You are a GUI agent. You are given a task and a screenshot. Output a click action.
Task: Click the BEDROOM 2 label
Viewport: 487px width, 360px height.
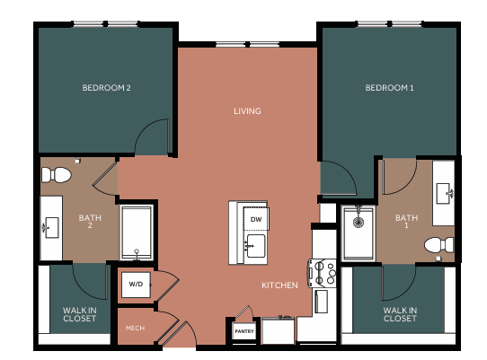pos(107,88)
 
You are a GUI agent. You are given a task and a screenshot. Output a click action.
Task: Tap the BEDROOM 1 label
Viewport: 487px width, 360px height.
pos(389,88)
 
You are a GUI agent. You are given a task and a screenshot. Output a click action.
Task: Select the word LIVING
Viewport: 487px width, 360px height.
pos(247,111)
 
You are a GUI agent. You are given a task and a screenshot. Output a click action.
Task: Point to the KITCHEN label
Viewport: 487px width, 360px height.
pos(279,285)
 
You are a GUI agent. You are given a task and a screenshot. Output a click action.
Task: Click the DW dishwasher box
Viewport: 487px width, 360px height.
pos(255,220)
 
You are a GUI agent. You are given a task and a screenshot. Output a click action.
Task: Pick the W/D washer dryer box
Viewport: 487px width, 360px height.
pos(136,285)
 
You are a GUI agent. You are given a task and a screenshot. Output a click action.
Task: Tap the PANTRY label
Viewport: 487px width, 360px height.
pos(244,331)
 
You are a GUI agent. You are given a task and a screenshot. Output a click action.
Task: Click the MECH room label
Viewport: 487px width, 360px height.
pos(136,328)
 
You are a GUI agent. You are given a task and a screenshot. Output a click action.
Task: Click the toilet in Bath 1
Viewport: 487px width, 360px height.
pos(438,244)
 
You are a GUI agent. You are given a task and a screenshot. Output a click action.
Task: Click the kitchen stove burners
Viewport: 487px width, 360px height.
pos(322,273)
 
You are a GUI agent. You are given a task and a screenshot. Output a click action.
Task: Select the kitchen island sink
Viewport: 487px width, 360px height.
pos(252,243)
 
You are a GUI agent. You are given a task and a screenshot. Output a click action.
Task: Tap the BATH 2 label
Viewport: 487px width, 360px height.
pos(90,221)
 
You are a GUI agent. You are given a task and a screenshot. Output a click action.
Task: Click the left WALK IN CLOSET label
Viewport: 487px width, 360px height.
pos(79,314)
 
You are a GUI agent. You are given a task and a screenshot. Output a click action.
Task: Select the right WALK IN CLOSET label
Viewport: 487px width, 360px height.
pos(400,314)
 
